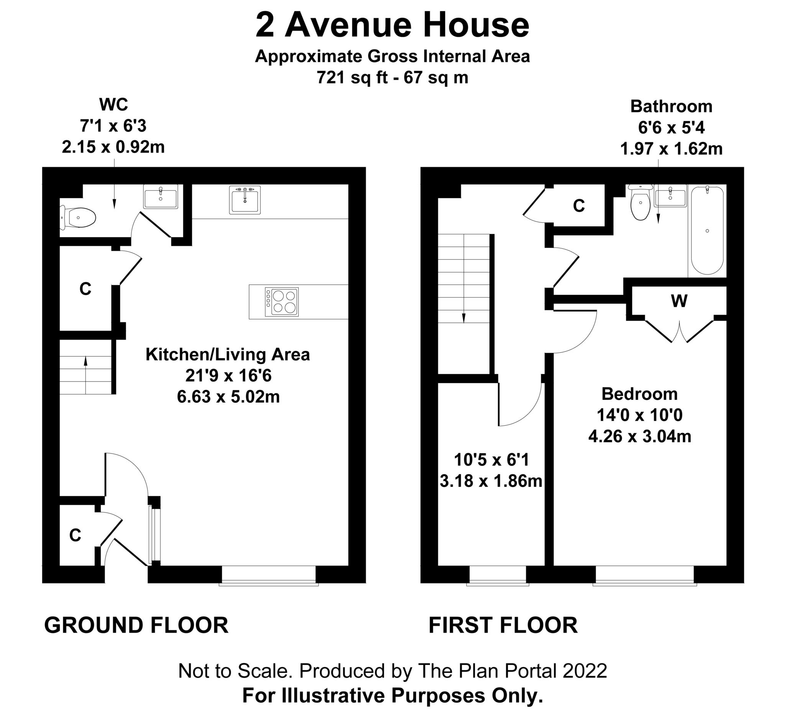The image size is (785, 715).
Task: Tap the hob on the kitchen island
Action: coord(281,302)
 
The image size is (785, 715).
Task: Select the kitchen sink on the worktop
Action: coord(245,200)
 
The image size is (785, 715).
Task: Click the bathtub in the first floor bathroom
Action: coord(707,230)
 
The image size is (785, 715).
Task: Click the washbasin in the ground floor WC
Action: coord(161,197)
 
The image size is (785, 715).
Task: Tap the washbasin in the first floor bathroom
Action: coord(670,196)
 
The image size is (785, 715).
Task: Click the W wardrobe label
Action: coord(679,301)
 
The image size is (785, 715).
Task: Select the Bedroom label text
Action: coord(639,394)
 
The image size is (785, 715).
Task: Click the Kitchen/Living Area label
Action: coord(228,354)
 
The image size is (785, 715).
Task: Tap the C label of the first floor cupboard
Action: coord(579,205)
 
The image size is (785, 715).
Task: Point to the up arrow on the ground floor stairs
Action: coord(85,362)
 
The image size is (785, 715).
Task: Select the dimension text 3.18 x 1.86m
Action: coord(491,481)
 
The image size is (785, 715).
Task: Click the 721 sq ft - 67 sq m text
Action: coord(392,77)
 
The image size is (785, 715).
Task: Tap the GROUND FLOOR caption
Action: coord(136,625)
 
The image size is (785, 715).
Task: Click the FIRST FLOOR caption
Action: coord(503,625)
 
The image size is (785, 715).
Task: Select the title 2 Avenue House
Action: coord(392,25)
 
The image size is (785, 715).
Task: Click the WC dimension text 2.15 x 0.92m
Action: coord(113,147)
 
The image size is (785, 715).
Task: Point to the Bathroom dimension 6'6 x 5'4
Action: coord(671,127)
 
